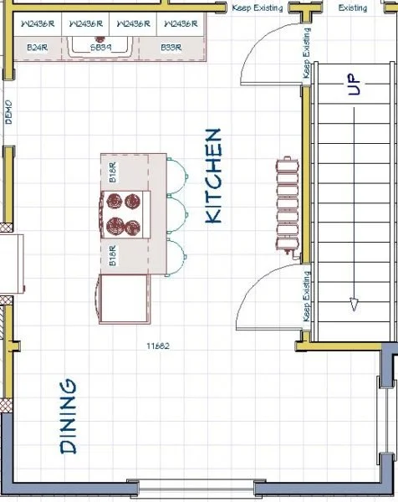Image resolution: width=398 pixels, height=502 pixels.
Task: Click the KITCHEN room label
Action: click(213, 176)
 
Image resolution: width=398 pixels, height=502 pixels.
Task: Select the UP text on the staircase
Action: click(354, 85)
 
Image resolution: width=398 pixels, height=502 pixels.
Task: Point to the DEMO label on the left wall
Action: click(9, 111)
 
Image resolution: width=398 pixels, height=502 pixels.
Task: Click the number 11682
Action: click(158, 345)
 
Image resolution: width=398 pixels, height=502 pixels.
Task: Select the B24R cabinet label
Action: click(36, 49)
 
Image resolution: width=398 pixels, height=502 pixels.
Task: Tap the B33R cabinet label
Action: click(171, 49)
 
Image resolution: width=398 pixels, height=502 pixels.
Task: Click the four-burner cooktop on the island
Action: click(124, 213)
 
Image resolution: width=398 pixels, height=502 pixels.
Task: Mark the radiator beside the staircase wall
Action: click(286, 205)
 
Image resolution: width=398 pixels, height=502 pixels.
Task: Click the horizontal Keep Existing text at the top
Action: click(258, 8)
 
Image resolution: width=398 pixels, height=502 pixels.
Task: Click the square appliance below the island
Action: click(125, 300)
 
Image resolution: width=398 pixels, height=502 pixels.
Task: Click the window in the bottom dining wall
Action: click(197, 487)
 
